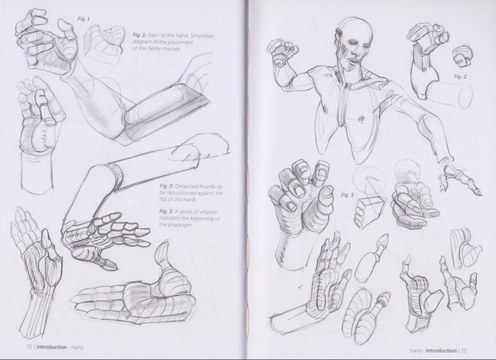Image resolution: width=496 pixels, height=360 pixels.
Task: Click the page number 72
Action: pyautogui.click(x=29, y=347)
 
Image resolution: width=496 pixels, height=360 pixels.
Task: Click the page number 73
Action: pyautogui.click(x=464, y=350)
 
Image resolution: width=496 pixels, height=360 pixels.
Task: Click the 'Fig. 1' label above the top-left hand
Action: pyautogui.click(x=83, y=19)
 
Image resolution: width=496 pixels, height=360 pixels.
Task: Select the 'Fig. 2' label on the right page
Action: pyautogui.click(x=460, y=76)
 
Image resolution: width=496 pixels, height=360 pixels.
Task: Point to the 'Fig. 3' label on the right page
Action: pyautogui.click(x=347, y=195)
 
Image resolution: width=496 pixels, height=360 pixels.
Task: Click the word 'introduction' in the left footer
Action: pyautogui.click(x=52, y=347)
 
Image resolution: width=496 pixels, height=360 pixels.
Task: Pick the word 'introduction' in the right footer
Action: pyautogui.click(x=441, y=350)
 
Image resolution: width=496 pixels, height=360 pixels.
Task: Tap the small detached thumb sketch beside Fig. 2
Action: pyautogui.click(x=462, y=57)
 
